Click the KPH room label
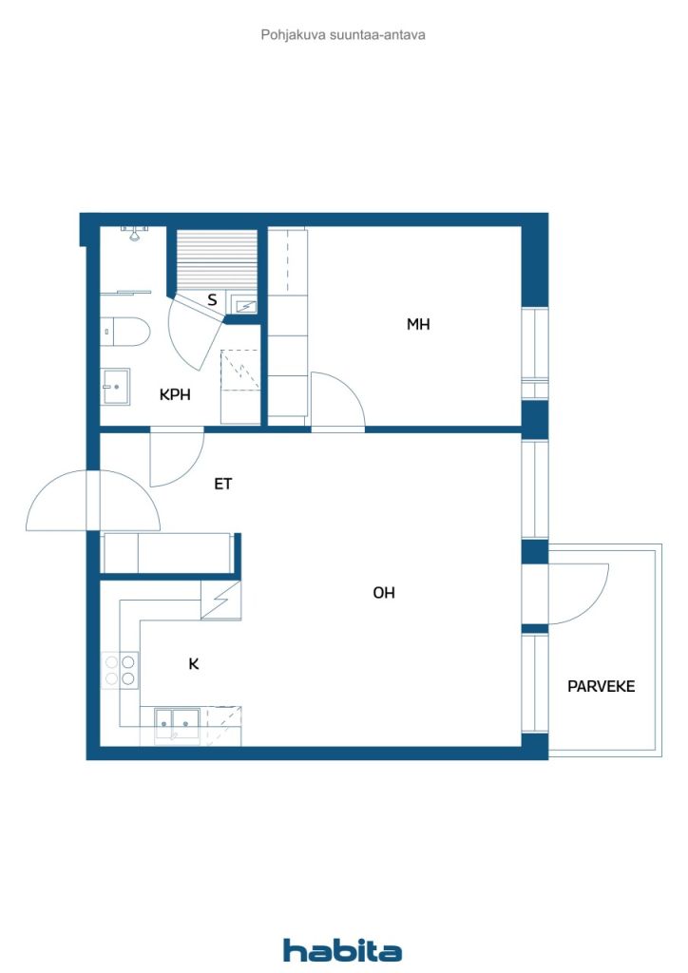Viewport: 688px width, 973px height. [x=175, y=394]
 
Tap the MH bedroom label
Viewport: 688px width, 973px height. [x=418, y=324]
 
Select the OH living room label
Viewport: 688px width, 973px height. [x=383, y=593]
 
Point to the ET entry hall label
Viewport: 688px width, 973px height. [x=222, y=484]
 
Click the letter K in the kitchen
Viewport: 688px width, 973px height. [x=194, y=664]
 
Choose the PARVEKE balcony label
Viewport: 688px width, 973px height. [x=602, y=686]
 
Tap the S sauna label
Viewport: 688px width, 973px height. [x=212, y=300]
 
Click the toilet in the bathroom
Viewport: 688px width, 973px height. [x=125, y=332]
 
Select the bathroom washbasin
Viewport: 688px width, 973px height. [x=115, y=387]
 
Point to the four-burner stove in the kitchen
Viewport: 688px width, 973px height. [x=121, y=670]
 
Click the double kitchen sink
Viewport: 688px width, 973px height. [x=178, y=724]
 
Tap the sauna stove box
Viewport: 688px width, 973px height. [x=244, y=305]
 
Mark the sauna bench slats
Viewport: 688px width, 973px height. [x=217, y=260]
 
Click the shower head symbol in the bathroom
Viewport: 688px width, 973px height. [x=134, y=233]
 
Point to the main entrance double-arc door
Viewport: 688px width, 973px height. [x=93, y=500]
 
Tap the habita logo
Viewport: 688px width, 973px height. [x=342, y=950]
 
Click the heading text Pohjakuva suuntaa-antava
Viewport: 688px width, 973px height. [x=343, y=35]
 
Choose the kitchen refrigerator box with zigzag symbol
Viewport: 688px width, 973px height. [x=221, y=601]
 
